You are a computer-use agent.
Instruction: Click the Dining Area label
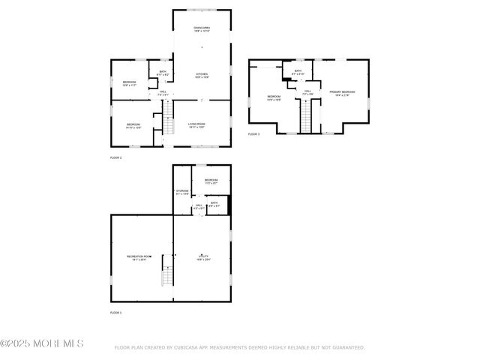pos(202,29)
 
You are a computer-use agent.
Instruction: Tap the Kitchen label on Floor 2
pos(202,75)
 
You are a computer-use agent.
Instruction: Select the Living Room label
pos(196,124)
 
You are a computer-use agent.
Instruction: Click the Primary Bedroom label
pos(341,92)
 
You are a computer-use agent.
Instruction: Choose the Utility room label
pos(204,257)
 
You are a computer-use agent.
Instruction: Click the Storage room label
pos(182,192)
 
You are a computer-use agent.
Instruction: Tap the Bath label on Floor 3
pos(298,72)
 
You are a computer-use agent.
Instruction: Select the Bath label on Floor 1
pos(214,204)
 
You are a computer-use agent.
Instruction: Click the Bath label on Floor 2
pos(163,73)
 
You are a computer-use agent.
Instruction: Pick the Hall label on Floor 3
pos(307,92)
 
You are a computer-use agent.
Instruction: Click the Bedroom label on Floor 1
pos(211,181)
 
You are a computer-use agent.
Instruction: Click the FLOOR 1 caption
pos(115,312)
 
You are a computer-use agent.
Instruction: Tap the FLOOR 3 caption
pos(253,134)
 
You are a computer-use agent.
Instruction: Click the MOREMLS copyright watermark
pos(42,343)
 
